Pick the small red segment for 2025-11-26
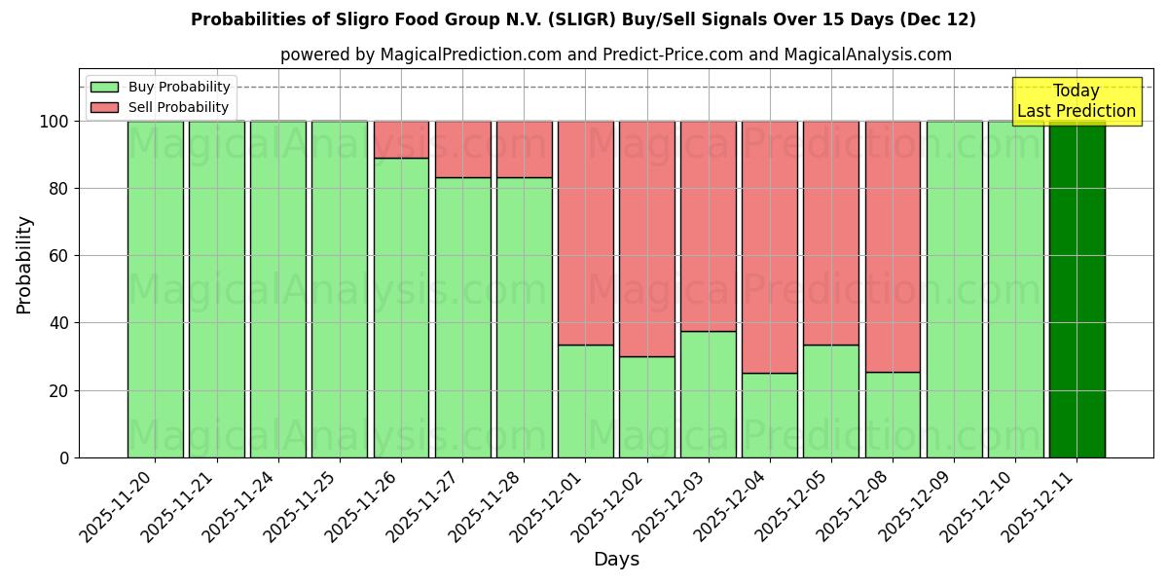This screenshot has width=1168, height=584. (x=401, y=139)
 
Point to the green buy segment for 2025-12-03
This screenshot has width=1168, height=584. (x=709, y=394)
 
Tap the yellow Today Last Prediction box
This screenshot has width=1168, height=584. (x=1076, y=101)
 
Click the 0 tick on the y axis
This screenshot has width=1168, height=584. (x=64, y=457)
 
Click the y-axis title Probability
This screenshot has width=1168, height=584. (x=24, y=265)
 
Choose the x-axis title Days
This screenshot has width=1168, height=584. (x=616, y=560)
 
